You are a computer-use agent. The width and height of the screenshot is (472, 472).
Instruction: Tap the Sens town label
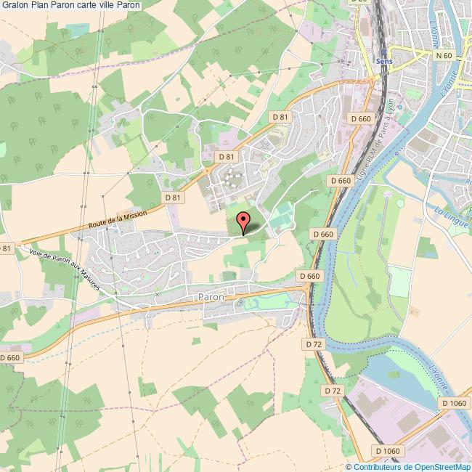coord(384,62)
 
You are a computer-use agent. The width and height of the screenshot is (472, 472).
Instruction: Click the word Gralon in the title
coord(16,5)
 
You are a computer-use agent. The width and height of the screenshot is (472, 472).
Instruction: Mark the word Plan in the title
coord(41,5)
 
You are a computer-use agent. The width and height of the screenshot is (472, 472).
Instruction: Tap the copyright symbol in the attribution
coord(349,467)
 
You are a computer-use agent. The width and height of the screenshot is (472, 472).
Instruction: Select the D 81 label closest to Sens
coord(280,117)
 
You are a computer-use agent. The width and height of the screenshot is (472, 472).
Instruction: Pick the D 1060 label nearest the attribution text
coord(388,451)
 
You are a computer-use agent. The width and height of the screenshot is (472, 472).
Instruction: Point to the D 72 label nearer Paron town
coord(314,343)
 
